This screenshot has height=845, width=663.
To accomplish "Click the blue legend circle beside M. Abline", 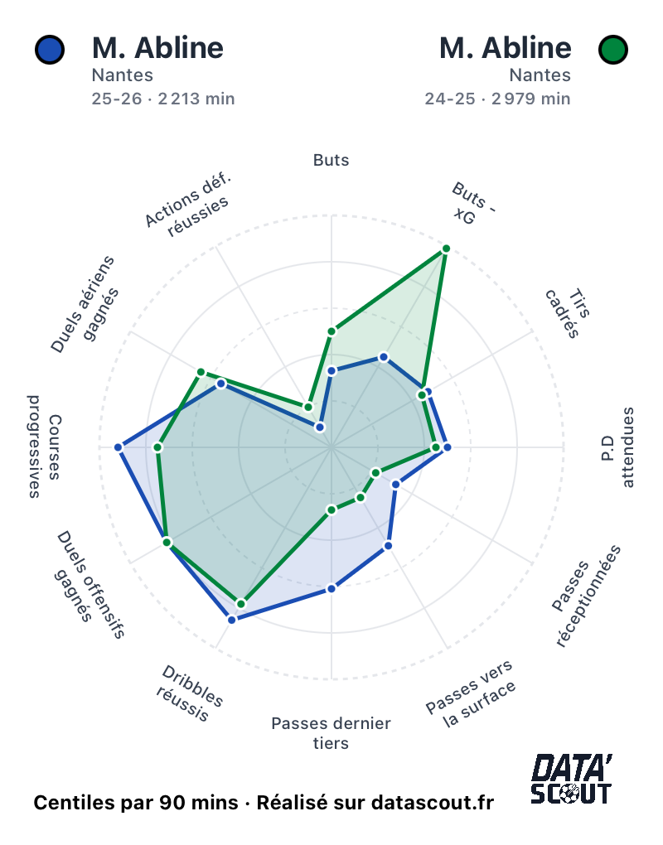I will (x=50, y=50).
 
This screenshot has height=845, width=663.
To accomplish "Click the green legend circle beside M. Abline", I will (x=612, y=50).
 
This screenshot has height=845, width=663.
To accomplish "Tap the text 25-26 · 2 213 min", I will (x=163, y=99).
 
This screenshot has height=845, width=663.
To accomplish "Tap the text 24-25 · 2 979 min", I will (x=497, y=99).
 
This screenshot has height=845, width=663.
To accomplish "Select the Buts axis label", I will (x=331, y=160).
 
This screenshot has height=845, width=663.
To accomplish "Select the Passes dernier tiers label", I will (x=331, y=733).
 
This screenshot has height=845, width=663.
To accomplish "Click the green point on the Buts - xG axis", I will (x=446, y=249).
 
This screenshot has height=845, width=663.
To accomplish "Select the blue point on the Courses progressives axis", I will (x=119, y=447).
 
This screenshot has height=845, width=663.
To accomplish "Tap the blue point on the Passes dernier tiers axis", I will (x=331, y=588).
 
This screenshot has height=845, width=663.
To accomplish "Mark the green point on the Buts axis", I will (x=331, y=331).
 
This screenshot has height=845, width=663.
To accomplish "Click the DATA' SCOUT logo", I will (x=571, y=779).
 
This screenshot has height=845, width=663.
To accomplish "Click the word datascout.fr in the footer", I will (x=433, y=803).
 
